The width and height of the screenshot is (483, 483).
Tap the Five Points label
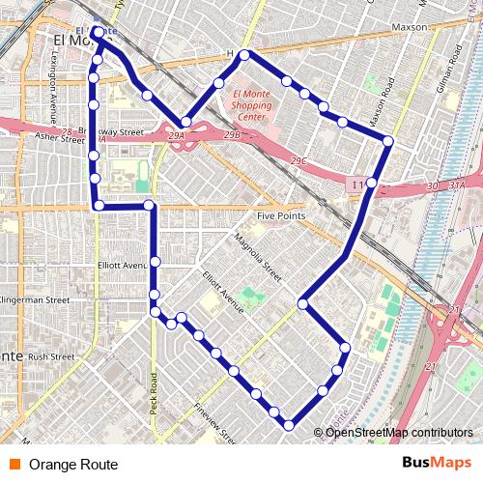(x=280, y=215)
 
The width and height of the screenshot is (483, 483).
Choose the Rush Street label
(x=51, y=356)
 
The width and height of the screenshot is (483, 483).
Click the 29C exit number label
(x=298, y=160)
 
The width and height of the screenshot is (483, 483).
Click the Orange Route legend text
(x=73, y=465)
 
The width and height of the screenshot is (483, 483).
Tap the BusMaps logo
(x=437, y=464)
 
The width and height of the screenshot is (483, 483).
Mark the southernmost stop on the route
(x=288, y=425)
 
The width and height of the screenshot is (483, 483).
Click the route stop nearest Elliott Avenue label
(x=155, y=262)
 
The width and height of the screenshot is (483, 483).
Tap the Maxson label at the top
(x=410, y=27)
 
